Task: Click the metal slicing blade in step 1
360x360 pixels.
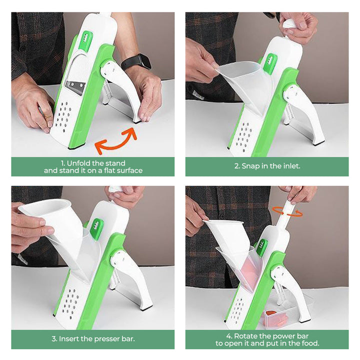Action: click(x=75, y=87)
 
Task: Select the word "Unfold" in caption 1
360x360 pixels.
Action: click(x=78, y=163)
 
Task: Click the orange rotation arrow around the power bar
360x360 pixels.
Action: click(x=287, y=211)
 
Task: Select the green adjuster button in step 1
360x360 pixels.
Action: click(x=85, y=40)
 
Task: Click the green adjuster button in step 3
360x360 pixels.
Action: click(x=97, y=228)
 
